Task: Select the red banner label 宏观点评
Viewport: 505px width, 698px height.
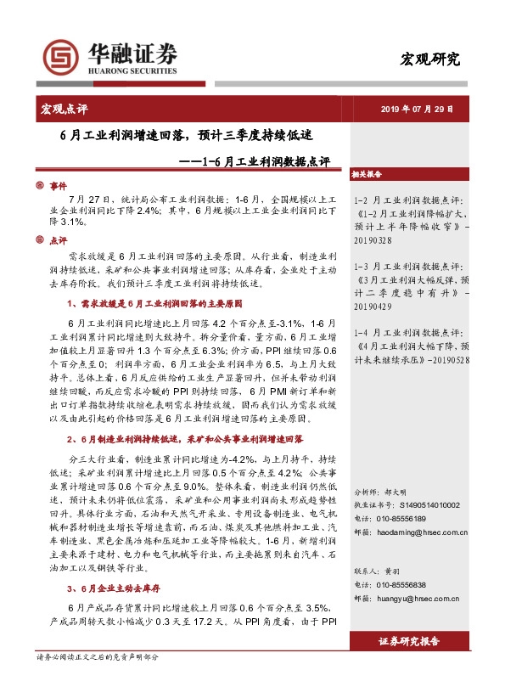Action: tap(65, 109)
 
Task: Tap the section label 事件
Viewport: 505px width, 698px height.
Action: tap(58, 184)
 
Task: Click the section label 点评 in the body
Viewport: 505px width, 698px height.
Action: tap(58, 239)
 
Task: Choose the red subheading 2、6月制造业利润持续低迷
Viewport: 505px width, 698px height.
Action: tap(184, 440)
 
